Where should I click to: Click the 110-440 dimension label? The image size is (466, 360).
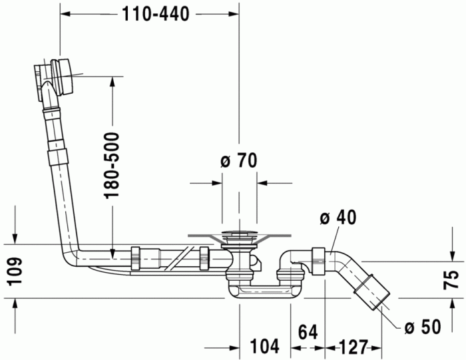(x=156, y=14)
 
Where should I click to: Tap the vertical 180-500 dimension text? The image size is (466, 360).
(x=111, y=165)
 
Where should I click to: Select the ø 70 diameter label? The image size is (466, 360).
(x=238, y=160)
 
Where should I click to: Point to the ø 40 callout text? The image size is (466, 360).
(x=338, y=217)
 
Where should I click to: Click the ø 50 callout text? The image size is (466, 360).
(x=423, y=327)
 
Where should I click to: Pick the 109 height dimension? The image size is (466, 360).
(x=14, y=271)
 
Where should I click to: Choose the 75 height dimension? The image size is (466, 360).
(x=451, y=279)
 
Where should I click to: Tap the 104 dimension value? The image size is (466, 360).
(x=264, y=346)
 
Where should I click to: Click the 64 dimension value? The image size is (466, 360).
(x=308, y=332)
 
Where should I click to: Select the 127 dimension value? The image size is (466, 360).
(x=353, y=347)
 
